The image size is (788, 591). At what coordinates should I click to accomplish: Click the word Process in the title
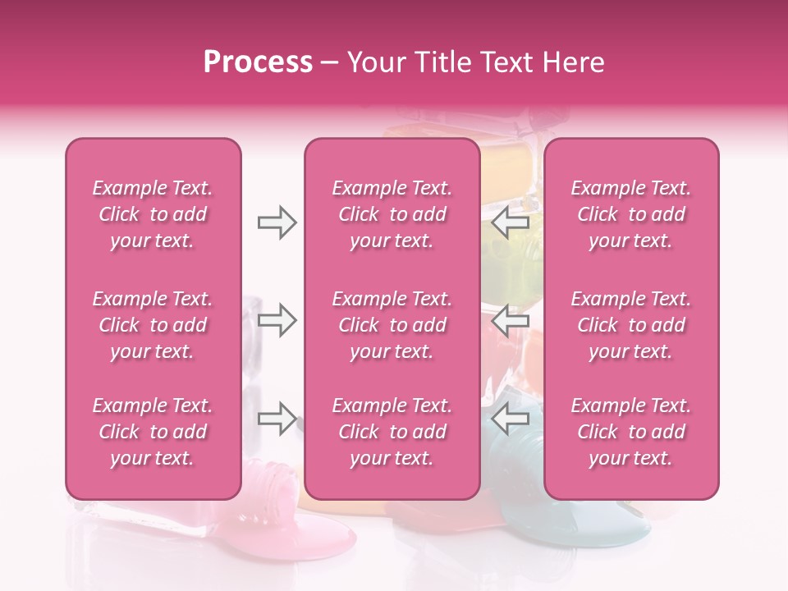coord(258,62)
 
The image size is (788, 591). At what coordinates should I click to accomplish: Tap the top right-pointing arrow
coord(277,222)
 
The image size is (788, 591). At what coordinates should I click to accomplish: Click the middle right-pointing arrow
coord(277,320)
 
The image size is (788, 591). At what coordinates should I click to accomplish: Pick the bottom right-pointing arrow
coord(277,418)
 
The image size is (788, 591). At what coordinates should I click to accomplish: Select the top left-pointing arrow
coord(511,222)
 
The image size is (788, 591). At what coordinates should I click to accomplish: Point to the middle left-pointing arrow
coord(511,320)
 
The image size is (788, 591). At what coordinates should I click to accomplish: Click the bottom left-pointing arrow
coord(511,418)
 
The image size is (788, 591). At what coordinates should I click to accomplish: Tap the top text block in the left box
coord(153,214)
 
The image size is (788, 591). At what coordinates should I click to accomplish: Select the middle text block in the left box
coord(153,325)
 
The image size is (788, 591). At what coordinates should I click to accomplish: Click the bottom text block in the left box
coord(153,432)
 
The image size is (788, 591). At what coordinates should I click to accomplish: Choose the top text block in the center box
coord(392,214)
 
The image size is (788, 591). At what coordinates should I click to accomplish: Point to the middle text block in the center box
coord(392,325)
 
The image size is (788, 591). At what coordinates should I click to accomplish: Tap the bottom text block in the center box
coord(392,432)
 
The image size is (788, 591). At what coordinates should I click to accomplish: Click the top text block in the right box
coord(631,214)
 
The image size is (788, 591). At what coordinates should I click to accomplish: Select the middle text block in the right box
coord(631,325)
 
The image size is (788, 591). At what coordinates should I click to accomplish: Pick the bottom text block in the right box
coord(631,432)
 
